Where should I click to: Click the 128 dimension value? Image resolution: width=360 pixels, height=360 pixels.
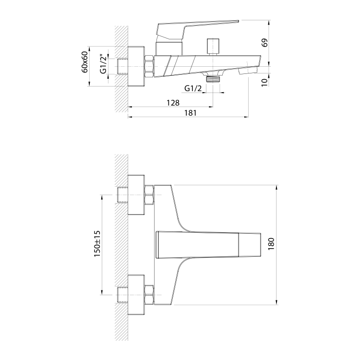point(173,103)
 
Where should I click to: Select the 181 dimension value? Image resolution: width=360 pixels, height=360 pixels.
point(191,113)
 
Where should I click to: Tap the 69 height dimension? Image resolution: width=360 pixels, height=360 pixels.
point(264,43)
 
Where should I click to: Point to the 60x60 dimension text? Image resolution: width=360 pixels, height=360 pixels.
point(84,62)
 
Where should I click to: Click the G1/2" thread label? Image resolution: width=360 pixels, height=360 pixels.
point(104,64)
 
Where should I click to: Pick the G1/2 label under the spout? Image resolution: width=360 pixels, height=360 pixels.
point(193,88)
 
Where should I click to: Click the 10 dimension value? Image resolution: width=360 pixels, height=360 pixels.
point(264,83)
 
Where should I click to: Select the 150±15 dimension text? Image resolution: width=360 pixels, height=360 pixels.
point(97,244)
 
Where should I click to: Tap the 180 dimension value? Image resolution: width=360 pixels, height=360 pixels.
point(271,244)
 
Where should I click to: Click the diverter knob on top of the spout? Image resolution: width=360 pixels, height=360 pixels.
point(213,47)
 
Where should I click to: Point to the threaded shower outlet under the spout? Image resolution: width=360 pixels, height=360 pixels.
point(213,79)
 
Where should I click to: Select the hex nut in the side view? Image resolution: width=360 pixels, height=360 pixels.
point(149,67)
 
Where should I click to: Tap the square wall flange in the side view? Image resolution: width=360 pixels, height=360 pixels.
point(136,67)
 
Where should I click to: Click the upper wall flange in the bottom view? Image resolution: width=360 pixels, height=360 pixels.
point(136,195)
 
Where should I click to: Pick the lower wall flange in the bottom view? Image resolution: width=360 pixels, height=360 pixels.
point(136,295)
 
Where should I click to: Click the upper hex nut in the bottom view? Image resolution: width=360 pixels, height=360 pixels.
point(149,195)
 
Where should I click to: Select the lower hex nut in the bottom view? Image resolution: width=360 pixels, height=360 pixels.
point(149,295)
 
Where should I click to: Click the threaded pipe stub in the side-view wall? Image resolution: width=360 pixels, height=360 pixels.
point(122,67)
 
